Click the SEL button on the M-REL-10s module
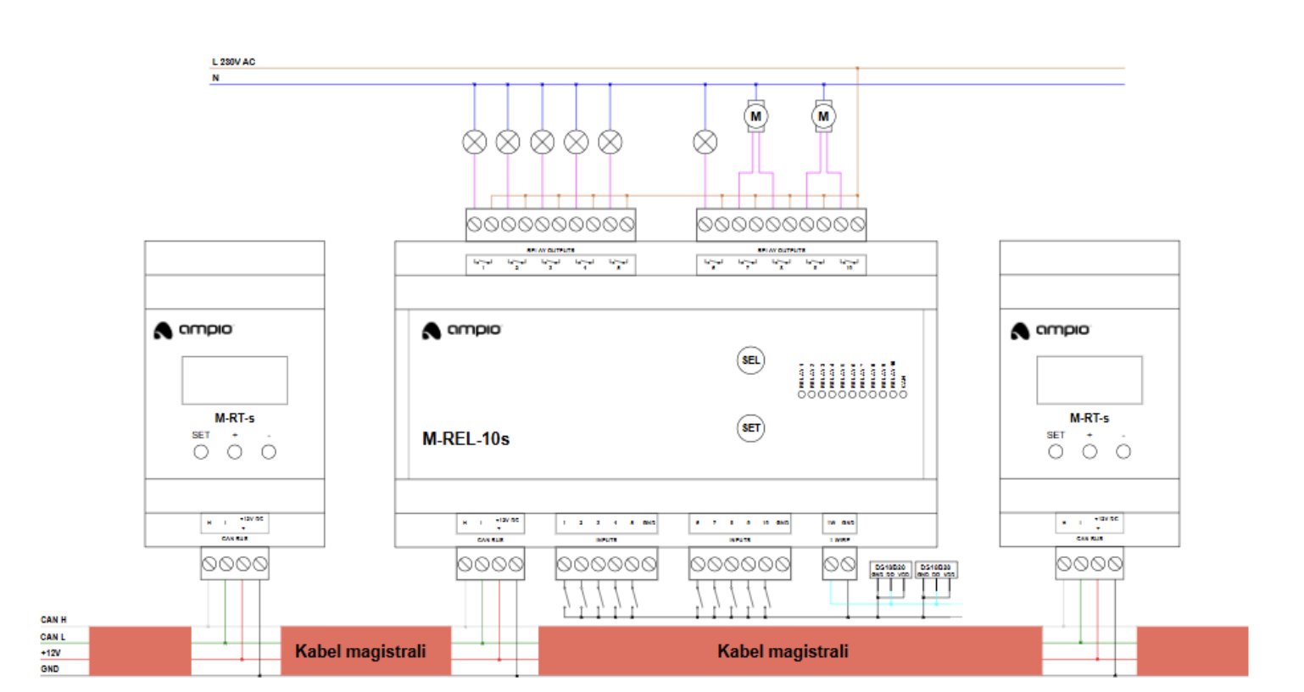(750, 360)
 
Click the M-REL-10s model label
(465, 438)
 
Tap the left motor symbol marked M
(755, 117)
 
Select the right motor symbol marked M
(823, 117)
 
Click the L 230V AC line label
(233, 62)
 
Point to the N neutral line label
(215, 78)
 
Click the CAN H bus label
(53, 620)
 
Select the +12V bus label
(51, 653)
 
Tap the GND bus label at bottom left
(50, 669)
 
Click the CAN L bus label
(53, 637)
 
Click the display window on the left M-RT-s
(235, 380)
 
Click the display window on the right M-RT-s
(1089, 380)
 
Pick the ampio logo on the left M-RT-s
(193, 330)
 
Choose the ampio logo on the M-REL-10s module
(462, 330)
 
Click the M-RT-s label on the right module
(1089, 418)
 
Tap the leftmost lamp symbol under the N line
(475, 142)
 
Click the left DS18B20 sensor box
(890, 570)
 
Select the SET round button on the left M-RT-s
(201, 452)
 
